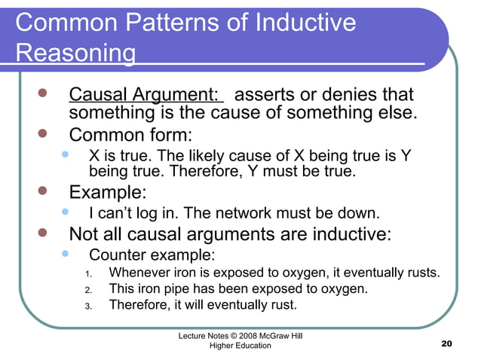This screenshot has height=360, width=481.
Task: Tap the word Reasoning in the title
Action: pyautogui.click(x=75, y=54)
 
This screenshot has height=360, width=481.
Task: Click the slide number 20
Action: pyautogui.click(x=446, y=344)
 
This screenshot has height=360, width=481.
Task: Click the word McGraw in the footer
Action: pyautogui.click(x=274, y=334)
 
